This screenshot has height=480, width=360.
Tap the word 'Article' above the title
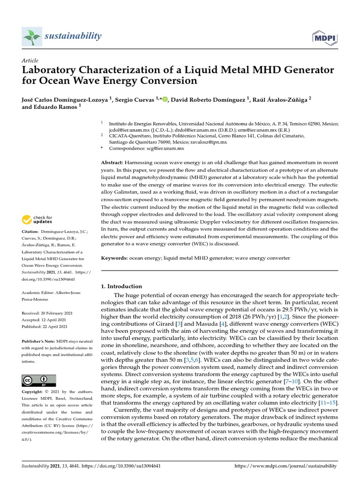click(x=30, y=60)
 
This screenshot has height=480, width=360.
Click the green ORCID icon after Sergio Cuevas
click(x=165, y=99)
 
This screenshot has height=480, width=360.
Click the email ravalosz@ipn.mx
click(x=209, y=142)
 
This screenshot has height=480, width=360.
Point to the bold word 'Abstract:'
click(x=112, y=162)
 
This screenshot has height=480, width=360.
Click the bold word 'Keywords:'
click(x=114, y=258)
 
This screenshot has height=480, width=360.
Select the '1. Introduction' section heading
click(x=121, y=286)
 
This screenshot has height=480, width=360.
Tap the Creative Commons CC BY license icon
click(x=39, y=380)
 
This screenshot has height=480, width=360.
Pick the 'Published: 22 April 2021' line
click(x=45, y=327)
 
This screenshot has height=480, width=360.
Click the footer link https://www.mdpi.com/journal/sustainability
click(x=285, y=466)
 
